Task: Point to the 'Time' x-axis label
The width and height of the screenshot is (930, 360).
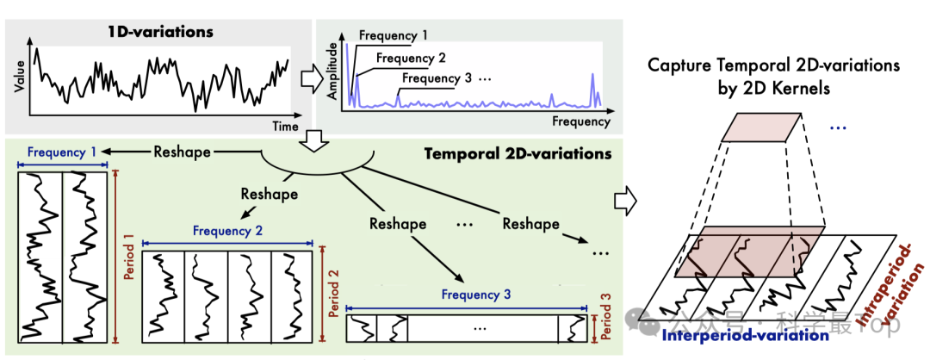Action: pyautogui.click(x=285, y=126)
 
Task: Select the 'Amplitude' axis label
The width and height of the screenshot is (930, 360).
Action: pyautogui.click(x=332, y=79)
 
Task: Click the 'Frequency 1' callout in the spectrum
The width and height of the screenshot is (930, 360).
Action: pyautogui.click(x=394, y=35)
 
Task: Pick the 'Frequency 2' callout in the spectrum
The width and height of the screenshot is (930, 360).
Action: pyautogui.click(x=411, y=58)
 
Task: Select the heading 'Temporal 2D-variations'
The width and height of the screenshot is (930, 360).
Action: pyautogui.click(x=518, y=154)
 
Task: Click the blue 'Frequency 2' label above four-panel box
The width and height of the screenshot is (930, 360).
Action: pyautogui.click(x=227, y=230)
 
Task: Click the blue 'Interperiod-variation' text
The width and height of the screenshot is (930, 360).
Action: pyautogui.click(x=744, y=336)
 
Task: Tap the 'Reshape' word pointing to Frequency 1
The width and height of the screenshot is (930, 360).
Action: pyautogui.click(x=182, y=152)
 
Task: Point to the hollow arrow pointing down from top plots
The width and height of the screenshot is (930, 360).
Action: pyautogui.click(x=311, y=140)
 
